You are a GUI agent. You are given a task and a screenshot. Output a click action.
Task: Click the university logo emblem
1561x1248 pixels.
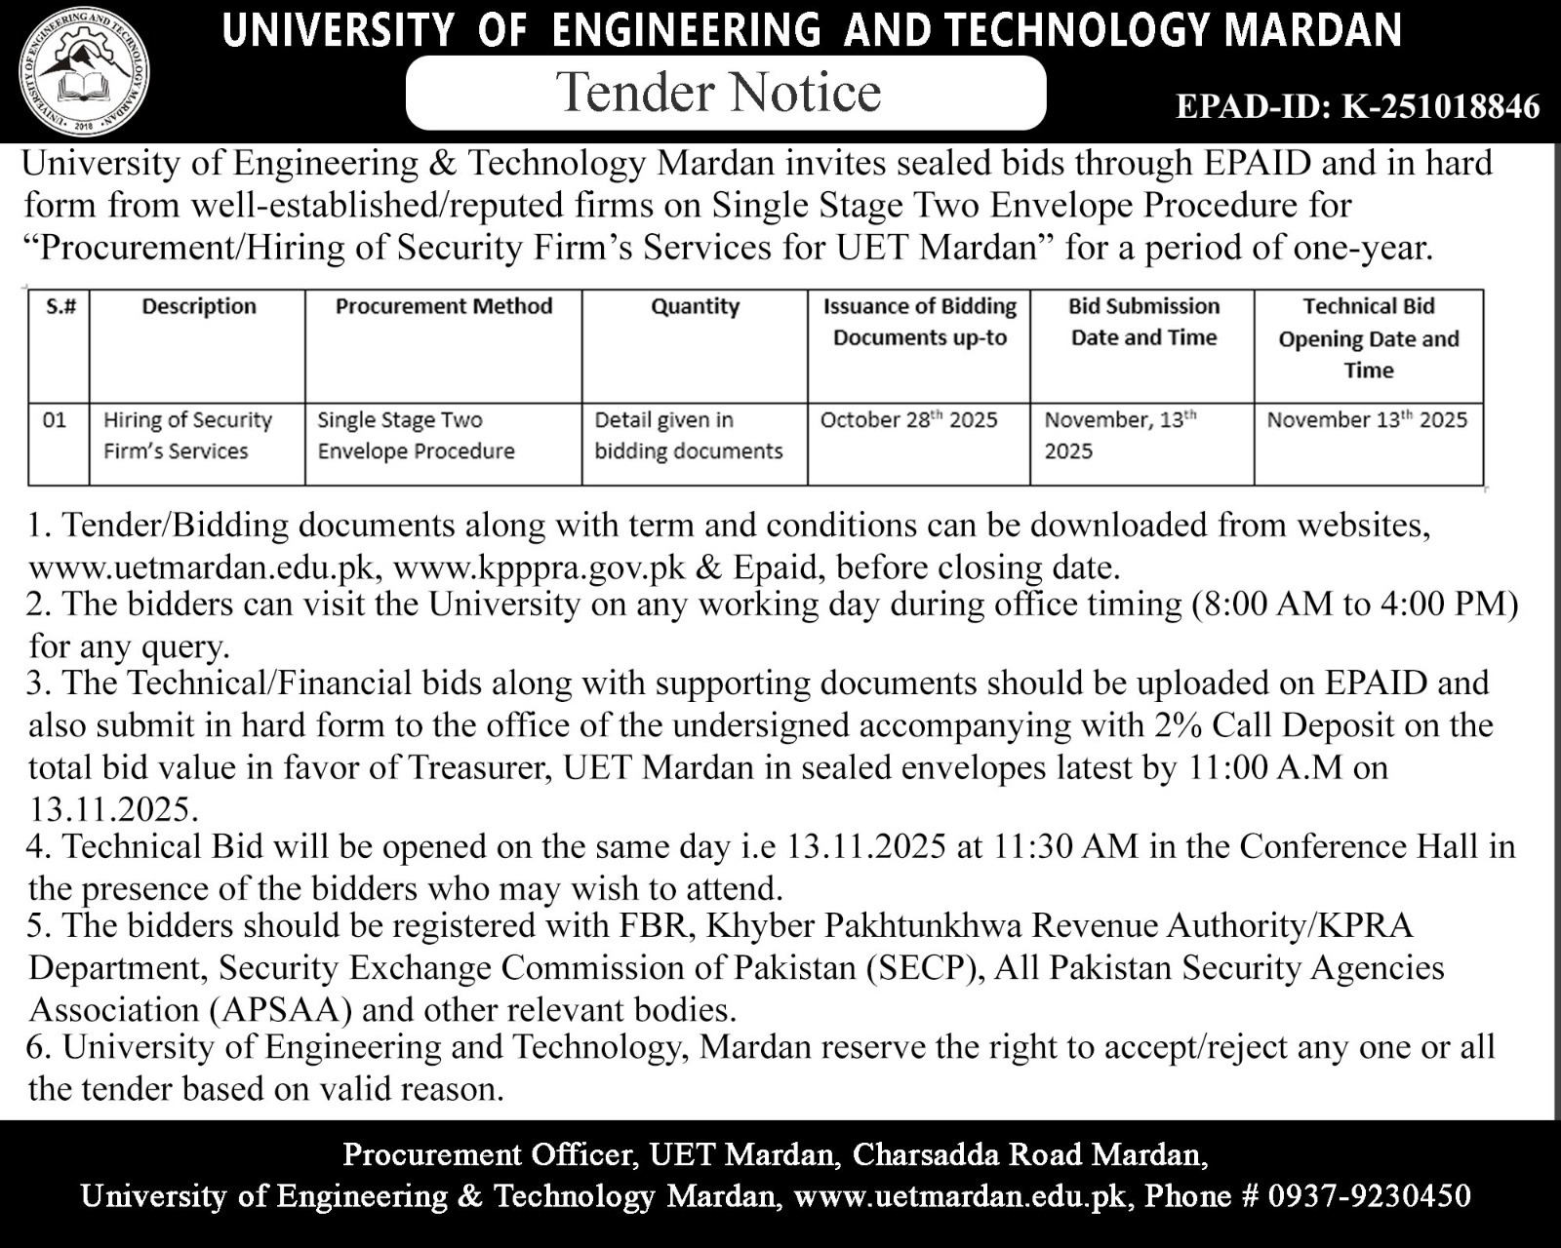tap(85, 71)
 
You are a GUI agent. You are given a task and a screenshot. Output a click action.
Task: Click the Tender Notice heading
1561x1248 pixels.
tap(720, 93)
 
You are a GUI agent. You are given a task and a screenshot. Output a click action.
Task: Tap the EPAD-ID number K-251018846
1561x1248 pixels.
tap(1441, 106)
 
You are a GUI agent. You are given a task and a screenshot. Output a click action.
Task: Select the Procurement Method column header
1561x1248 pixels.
tap(444, 306)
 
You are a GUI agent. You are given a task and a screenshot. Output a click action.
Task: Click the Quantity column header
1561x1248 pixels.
tap(695, 306)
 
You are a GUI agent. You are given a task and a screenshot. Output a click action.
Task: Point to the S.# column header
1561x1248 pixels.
tap(60, 306)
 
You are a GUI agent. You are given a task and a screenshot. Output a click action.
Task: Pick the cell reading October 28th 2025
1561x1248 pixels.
tap(908, 420)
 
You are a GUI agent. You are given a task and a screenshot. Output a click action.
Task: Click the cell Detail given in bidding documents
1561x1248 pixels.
tap(689, 436)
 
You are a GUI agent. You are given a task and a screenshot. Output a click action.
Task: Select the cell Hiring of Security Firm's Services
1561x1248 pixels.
tap(187, 436)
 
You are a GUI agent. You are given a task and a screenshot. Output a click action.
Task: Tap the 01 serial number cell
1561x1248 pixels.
tap(55, 420)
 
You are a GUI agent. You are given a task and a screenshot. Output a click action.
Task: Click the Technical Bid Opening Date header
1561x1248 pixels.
tap(1368, 338)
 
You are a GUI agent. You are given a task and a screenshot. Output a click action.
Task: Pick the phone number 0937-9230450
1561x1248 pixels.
tap(1370, 1195)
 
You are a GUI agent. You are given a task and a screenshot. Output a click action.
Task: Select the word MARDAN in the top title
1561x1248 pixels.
tap(1313, 31)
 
